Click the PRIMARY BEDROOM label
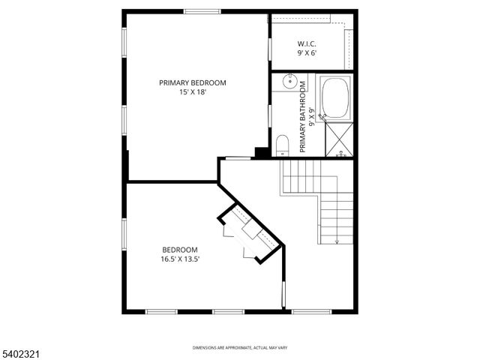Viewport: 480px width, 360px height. pos(192,83)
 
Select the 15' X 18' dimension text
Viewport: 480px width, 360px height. pos(192,92)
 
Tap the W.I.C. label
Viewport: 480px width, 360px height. pos(307,43)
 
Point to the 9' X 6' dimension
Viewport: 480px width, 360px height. pos(307,52)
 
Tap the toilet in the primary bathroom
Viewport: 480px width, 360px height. pos(282,143)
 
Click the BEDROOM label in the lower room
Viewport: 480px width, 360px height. pos(180,250)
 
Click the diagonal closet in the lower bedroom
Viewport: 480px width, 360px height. pos(250,233)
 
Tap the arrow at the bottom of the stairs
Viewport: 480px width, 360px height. pos(337,241)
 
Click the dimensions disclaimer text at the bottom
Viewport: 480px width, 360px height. pos(239,348)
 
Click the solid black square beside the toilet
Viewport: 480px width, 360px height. pos(262,152)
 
